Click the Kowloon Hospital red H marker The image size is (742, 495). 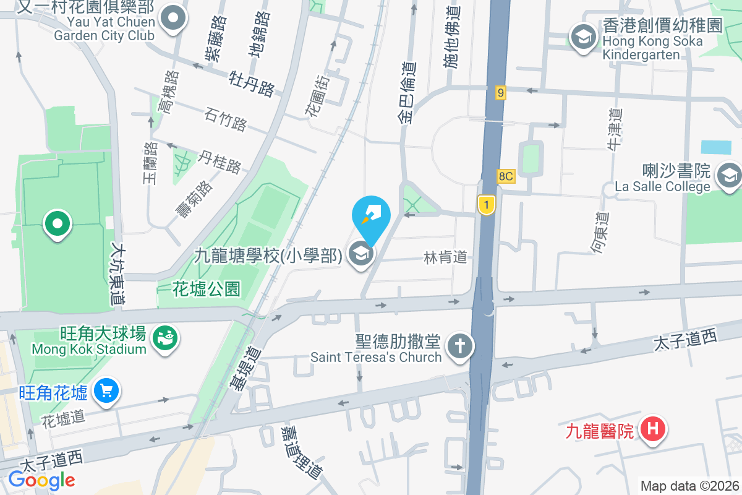653,429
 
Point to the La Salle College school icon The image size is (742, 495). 729,176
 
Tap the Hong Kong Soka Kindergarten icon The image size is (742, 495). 582,36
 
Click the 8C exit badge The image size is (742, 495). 505,176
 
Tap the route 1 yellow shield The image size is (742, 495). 487,205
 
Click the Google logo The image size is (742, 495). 41,480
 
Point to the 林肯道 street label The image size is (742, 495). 445,257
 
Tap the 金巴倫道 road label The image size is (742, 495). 408,93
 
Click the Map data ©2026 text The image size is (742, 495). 689,486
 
